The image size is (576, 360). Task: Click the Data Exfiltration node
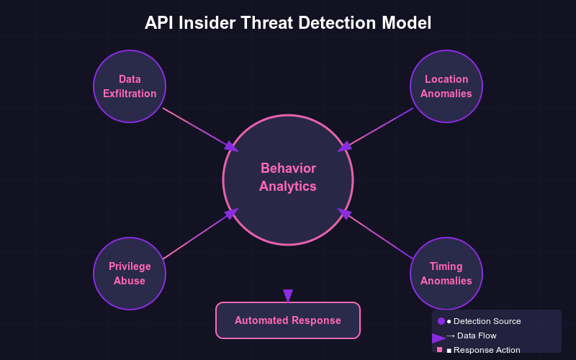pyautogui.click(x=130, y=86)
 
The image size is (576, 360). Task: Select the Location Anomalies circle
pyautogui.click(x=446, y=86)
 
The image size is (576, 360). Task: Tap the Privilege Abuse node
pyautogui.click(x=130, y=274)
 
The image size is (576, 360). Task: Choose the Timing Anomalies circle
pyautogui.click(x=446, y=274)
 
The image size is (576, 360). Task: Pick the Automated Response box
pyautogui.click(x=288, y=320)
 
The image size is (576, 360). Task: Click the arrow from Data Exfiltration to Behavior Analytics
pyautogui.click(x=198, y=128)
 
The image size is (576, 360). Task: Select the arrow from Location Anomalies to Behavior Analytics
pyautogui.click(x=378, y=128)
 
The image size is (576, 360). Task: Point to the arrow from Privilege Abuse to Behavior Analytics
pyautogui.click(x=198, y=235)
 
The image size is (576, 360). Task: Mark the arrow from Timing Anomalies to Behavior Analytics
pyautogui.click(x=378, y=235)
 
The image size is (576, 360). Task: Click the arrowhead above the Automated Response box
pyautogui.click(x=288, y=296)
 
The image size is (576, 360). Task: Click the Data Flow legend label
pyautogui.click(x=476, y=336)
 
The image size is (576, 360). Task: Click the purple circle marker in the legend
pyautogui.click(x=441, y=321)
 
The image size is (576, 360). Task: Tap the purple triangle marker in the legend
pyautogui.click(x=438, y=338)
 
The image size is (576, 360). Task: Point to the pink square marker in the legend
pyautogui.click(x=439, y=349)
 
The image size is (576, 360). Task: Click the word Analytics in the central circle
pyautogui.click(x=288, y=186)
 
